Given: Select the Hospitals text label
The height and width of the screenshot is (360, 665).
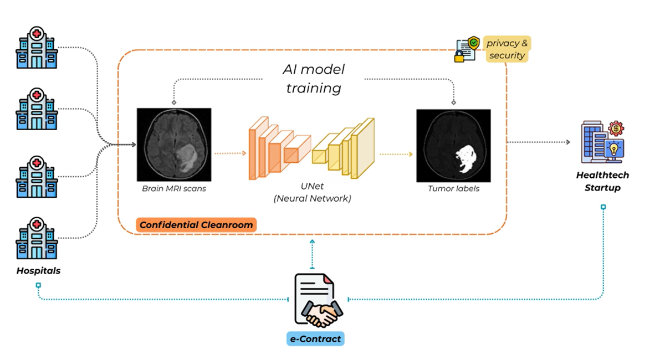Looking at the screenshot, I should coord(38,271).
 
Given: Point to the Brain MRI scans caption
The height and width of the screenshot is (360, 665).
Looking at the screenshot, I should coord(173,189).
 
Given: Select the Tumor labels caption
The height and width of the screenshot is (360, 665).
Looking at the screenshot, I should coord(453,189).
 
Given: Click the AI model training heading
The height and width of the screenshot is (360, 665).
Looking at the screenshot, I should coord(314,78).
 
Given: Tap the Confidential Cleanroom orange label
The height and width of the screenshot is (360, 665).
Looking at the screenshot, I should coord(196,225).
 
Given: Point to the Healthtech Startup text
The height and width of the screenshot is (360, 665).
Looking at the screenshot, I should coord(602,182).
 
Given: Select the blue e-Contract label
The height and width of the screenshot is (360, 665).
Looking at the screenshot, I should coord(315,338).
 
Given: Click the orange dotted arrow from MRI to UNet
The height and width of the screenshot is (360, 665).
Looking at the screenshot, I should coord(230,153).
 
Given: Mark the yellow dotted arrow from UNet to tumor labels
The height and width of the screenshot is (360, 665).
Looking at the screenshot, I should coord(396,154).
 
